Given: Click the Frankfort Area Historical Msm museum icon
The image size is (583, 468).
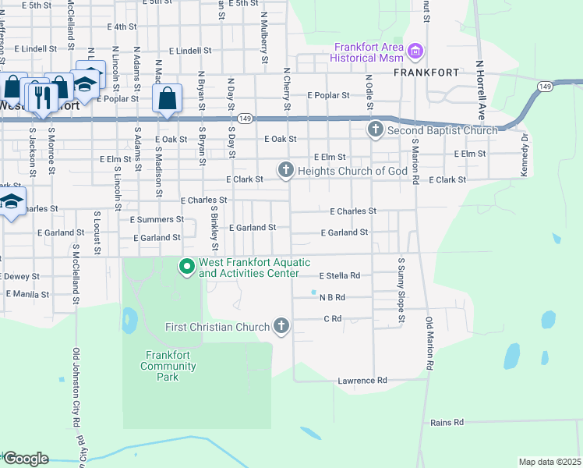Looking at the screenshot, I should pos(415,52).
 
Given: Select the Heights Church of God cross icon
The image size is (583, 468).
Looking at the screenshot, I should pos(286,169).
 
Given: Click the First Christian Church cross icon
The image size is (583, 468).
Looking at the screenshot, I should pos(281,327).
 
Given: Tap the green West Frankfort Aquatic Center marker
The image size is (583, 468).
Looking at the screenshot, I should pos(187,268).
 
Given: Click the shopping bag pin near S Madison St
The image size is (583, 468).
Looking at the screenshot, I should pos(167,99).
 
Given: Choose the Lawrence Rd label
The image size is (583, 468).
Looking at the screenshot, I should pos(362,381).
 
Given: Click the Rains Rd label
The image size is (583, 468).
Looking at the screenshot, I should pos(447,422).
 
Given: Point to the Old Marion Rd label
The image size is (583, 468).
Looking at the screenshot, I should pos(429,343).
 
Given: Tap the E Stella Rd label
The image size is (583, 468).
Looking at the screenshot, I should pos(339,275).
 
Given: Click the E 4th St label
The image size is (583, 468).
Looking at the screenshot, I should pos(118,27).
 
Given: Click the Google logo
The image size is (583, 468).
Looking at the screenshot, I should pos(25,459).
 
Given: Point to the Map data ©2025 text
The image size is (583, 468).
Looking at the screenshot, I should pos(549,462).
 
